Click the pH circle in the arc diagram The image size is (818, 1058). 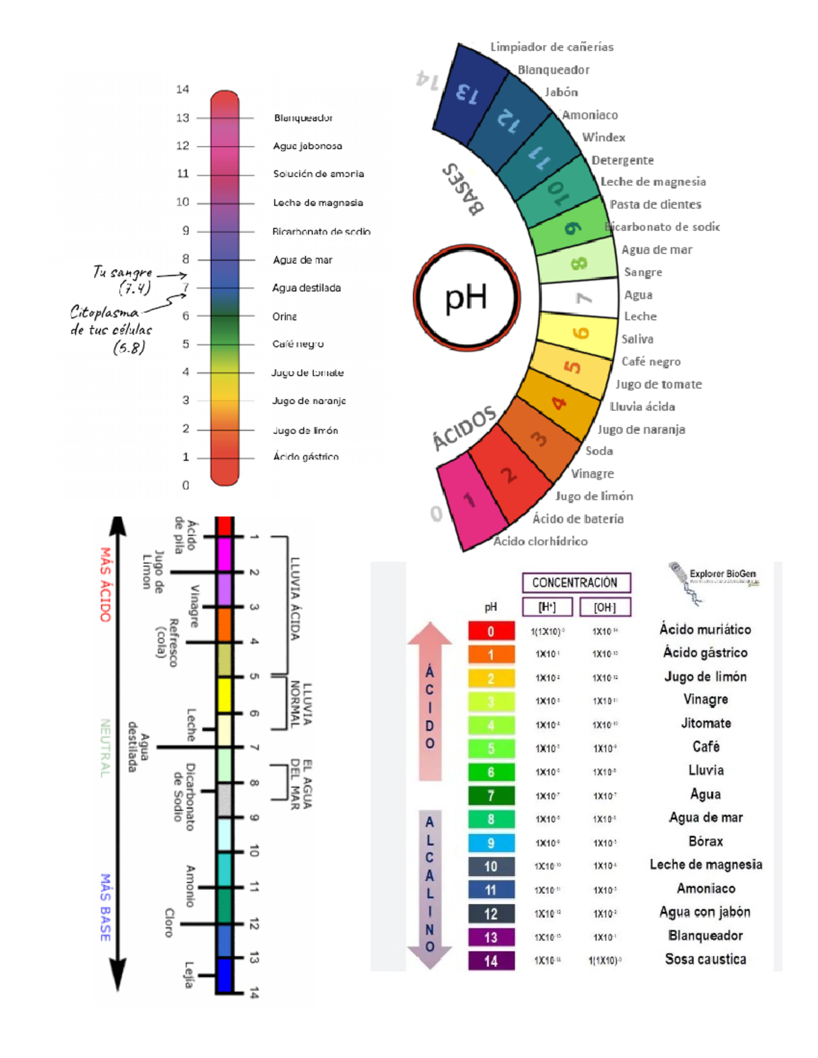pyautogui.click(x=467, y=298)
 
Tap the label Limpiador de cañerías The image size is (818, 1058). pyautogui.click(x=551, y=47)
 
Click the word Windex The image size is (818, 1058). pyautogui.click(x=603, y=137)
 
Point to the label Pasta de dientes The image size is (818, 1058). pyautogui.click(x=655, y=204)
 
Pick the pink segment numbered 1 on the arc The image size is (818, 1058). pyautogui.click(x=470, y=501)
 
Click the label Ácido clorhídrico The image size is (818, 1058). pyautogui.click(x=540, y=541)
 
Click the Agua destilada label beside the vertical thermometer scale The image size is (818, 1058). pyautogui.click(x=306, y=288)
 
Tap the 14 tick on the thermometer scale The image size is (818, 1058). pyautogui.click(x=182, y=89)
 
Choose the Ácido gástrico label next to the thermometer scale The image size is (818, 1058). pyautogui.click(x=305, y=456)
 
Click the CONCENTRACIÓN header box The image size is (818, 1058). pyautogui.click(x=575, y=582)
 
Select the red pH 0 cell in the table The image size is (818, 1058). pyautogui.click(x=491, y=631)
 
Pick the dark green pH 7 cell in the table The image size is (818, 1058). pyautogui.click(x=491, y=795)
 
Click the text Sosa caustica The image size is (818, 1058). pyautogui.click(x=706, y=959)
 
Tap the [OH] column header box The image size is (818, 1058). pyautogui.click(x=605, y=607)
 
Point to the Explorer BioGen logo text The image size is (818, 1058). pyautogui.click(x=723, y=574)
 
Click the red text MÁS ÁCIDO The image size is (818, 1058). pyautogui.click(x=105, y=584)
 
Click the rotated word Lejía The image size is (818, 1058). pyautogui.click(x=189, y=974)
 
